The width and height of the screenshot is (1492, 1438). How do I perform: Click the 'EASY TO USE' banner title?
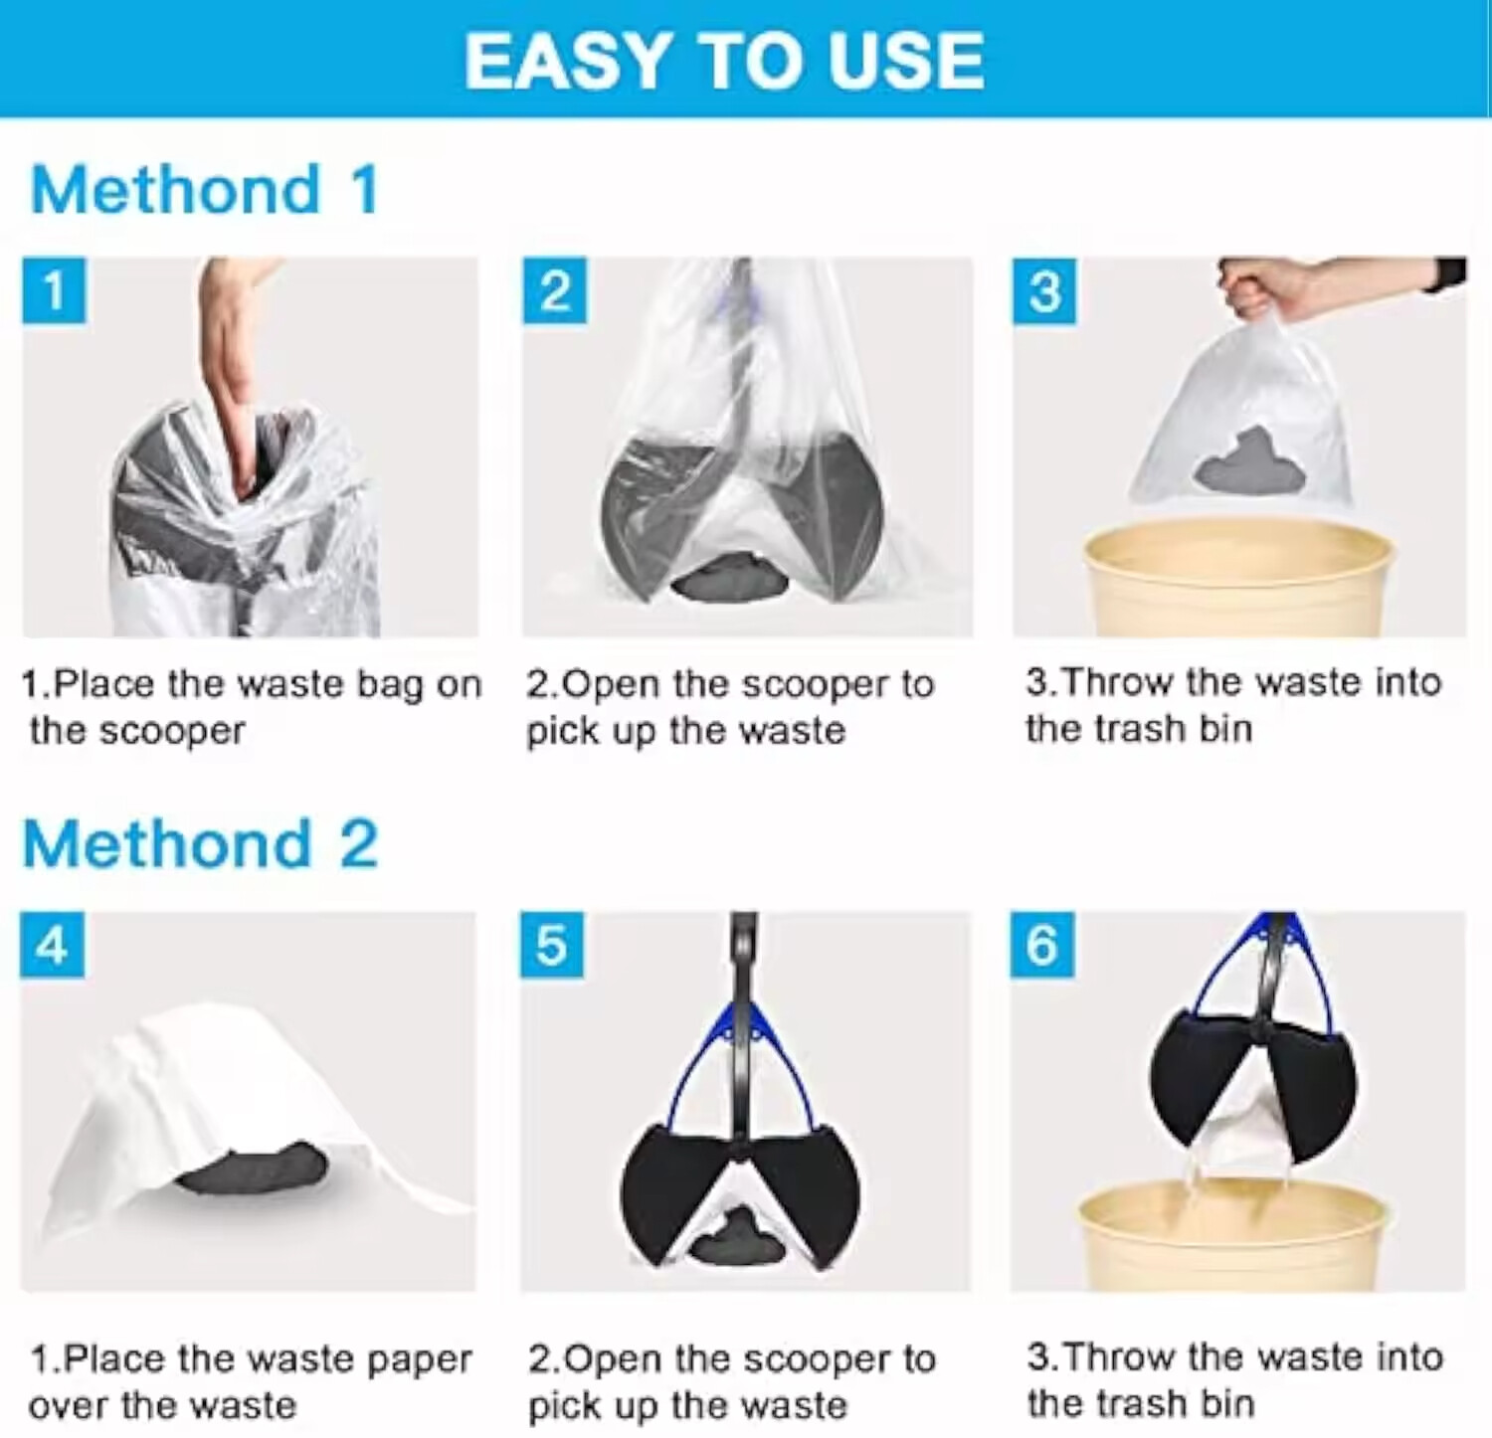point(724,61)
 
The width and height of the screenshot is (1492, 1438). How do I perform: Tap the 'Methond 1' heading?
point(205,189)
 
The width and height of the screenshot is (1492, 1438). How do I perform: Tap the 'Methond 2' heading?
point(200,844)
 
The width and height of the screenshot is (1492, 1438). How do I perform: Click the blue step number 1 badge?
point(54,291)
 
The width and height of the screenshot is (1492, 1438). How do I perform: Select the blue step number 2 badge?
point(554,291)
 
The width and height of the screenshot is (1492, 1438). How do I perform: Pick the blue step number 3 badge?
point(1043,291)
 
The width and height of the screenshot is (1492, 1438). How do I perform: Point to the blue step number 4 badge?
point(52,945)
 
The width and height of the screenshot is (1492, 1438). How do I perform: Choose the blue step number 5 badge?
point(552,945)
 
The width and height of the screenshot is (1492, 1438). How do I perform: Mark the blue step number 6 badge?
point(1041,945)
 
